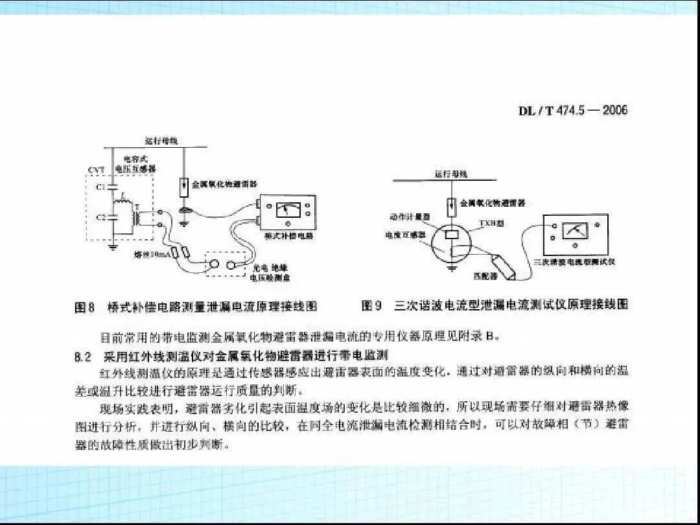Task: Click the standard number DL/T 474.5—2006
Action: pyautogui.click(x=573, y=110)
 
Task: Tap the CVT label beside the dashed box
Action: pyautogui.click(x=96, y=170)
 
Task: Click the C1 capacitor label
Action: pyautogui.click(x=100, y=187)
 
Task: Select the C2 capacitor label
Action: pyautogui.click(x=100, y=218)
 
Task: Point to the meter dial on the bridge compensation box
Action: pyautogui.click(x=283, y=209)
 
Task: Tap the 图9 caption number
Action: pyautogui.click(x=372, y=305)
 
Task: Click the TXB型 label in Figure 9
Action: pyautogui.click(x=488, y=222)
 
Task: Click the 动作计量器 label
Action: pyautogui.click(x=406, y=217)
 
